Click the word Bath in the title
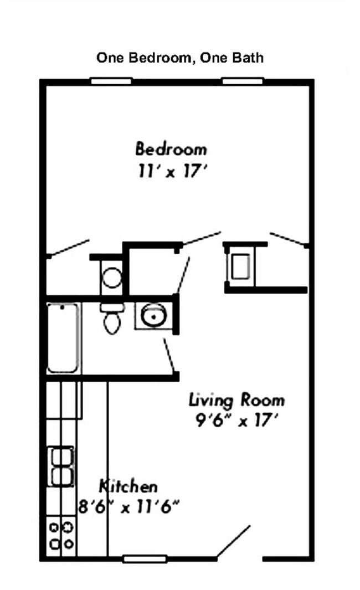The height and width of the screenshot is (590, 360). pyautogui.click(x=248, y=58)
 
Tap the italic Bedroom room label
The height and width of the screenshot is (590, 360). pyautogui.click(x=171, y=149)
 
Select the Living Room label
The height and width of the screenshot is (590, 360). pyautogui.click(x=236, y=399)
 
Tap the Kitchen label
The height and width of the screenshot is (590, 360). pyautogui.click(x=128, y=486)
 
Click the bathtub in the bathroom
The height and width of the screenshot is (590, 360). pyautogui.click(x=64, y=337)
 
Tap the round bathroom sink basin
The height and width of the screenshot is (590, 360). pyautogui.click(x=151, y=316)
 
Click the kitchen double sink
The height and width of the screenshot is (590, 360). pyautogui.click(x=62, y=466)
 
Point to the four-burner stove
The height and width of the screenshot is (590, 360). pyautogui.click(x=61, y=535)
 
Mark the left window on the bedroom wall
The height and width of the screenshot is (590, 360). pyautogui.click(x=111, y=81)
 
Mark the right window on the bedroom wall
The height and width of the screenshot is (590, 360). pyautogui.click(x=243, y=81)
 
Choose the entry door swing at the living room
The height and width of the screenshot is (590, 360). pyautogui.click(x=233, y=542)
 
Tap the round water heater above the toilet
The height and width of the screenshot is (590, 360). pyautogui.click(x=112, y=277)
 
